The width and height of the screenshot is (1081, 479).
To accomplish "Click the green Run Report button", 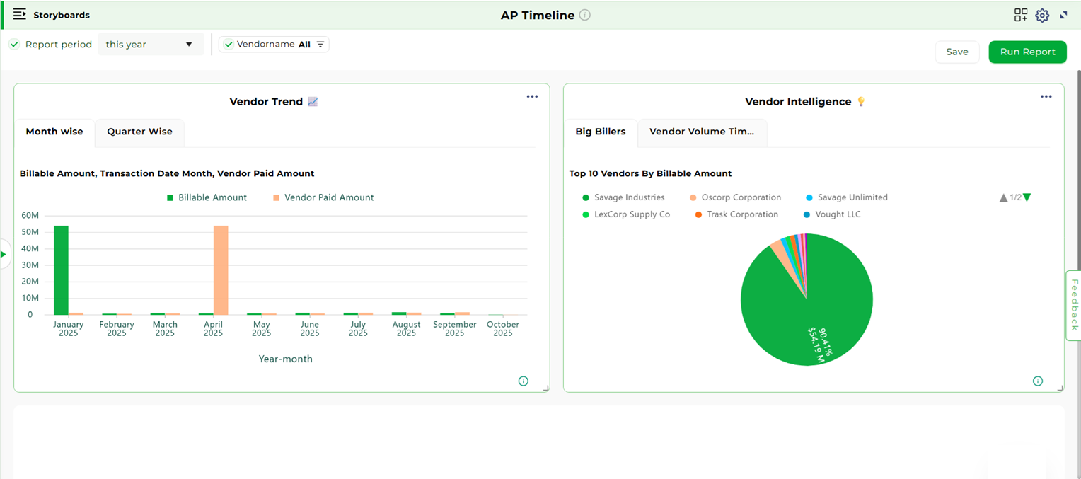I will (1027, 52).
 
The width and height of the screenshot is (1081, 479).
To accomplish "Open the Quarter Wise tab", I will (139, 132).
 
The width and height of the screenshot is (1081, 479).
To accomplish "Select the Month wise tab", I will (54, 132).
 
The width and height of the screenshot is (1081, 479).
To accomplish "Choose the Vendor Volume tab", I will (702, 132).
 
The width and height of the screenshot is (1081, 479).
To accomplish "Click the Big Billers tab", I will (600, 132).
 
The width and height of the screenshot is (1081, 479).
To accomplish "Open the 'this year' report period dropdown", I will (150, 45).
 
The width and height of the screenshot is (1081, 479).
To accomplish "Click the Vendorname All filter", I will (274, 45).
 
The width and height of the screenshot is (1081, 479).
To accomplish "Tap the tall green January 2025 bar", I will (61, 270).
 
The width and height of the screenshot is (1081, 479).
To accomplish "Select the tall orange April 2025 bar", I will (221, 270).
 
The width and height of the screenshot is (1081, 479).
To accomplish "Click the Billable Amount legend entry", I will (207, 198).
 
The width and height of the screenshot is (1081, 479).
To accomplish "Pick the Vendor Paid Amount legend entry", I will (323, 198).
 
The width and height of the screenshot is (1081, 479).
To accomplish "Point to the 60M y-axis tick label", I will (30, 215).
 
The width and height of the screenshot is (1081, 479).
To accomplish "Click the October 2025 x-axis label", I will (503, 328).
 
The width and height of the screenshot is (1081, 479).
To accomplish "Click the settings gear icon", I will (1042, 16).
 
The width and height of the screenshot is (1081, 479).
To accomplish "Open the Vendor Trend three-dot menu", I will (532, 97).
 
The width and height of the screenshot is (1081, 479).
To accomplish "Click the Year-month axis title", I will (285, 359).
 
